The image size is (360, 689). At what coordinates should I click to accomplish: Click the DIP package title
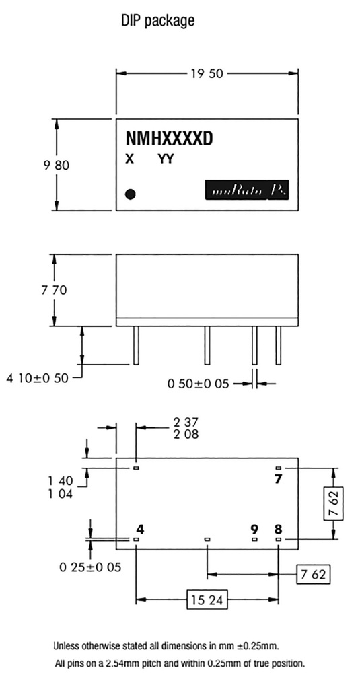pyautogui.click(x=157, y=21)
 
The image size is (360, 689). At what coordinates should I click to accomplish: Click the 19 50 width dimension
pyautogui.click(x=207, y=73)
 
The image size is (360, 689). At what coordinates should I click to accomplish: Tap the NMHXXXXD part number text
pyautogui.click(x=169, y=139)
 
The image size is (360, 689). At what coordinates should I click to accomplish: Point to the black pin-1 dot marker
pyautogui.click(x=131, y=194)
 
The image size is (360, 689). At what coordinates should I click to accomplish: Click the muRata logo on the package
pyautogui.click(x=249, y=191)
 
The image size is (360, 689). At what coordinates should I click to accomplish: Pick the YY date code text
pyautogui.click(x=166, y=159)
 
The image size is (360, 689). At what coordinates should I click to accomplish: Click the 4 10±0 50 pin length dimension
pyautogui.click(x=38, y=378)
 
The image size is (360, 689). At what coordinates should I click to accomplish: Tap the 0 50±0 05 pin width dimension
pyautogui.click(x=199, y=384)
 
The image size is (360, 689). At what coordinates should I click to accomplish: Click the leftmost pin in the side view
pyautogui.click(x=136, y=345)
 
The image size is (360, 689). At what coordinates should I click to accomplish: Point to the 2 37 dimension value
pyautogui.click(x=186, y=422)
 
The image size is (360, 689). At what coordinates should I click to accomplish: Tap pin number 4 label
pyautogui.click(x=139, y=528)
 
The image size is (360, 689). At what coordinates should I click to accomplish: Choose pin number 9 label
pyautogui.click(x=254, y=528)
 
